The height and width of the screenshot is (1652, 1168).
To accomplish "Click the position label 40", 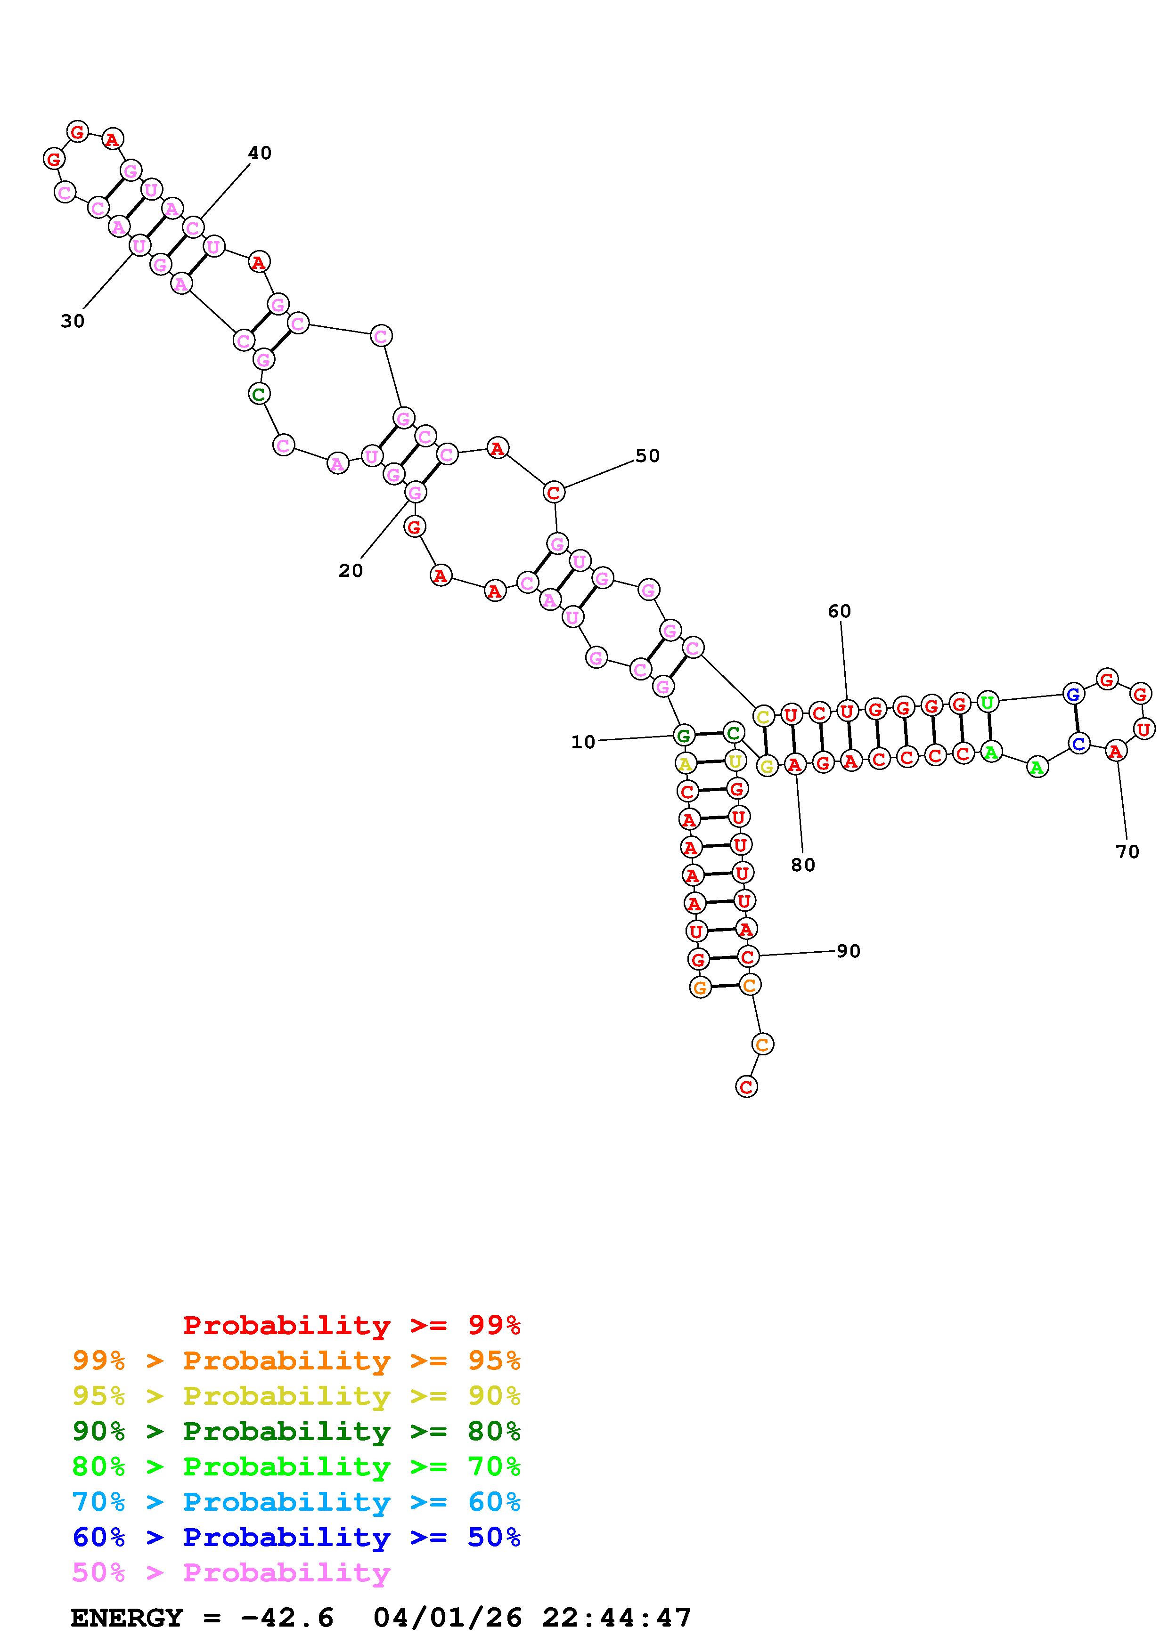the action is [260, 153].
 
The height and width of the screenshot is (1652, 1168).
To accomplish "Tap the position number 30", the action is [73, 322].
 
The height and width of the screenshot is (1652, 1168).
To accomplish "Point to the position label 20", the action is [351, 571].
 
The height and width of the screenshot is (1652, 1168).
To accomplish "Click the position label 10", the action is [583, 742].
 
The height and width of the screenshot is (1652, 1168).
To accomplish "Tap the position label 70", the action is [1127, 852].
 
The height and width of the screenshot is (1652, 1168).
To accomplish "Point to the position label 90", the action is [849, 951].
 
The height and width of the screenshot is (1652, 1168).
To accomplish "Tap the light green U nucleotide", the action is [988, 702].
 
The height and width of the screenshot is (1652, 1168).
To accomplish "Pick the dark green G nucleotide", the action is [684, 735].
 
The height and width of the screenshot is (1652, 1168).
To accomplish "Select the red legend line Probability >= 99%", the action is [351, 1325].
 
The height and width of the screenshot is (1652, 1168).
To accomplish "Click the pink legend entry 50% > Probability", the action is [231, 1573].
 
